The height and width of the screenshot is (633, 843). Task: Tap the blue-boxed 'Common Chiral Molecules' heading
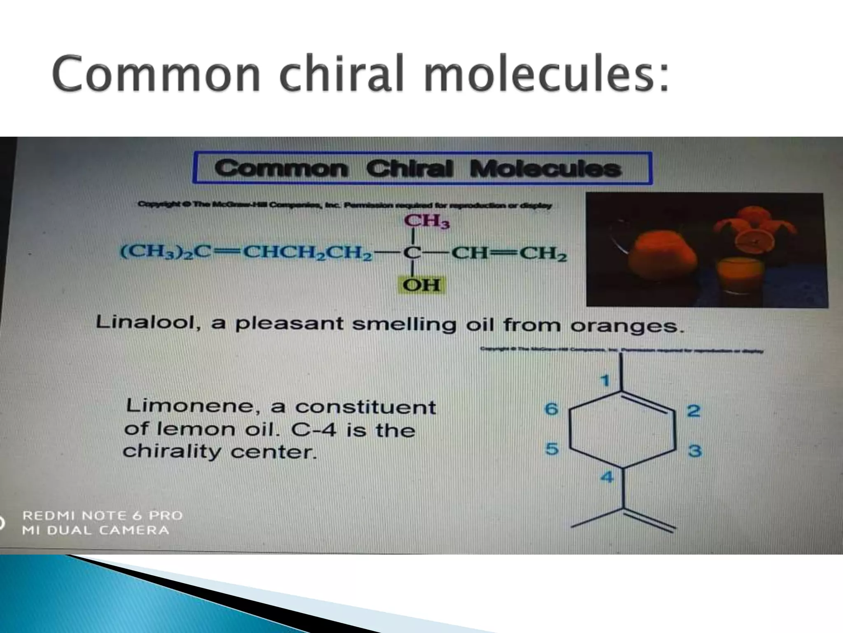[x=422, y=169]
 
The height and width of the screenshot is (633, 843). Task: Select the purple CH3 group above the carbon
[x=426, y=221]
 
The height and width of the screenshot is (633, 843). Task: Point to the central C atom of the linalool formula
[x=411, y=253]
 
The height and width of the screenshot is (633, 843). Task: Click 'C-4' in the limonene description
[x=313, y=430]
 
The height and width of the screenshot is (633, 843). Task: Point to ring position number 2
[x=693, y=411]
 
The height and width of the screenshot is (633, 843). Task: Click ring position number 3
[x=695, y=450]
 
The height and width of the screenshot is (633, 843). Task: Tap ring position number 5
[x=552, y=448]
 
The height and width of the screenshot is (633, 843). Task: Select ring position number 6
[x=552, y=409]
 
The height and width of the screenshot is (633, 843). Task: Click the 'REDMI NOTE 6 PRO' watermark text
[x=102, y=516]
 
